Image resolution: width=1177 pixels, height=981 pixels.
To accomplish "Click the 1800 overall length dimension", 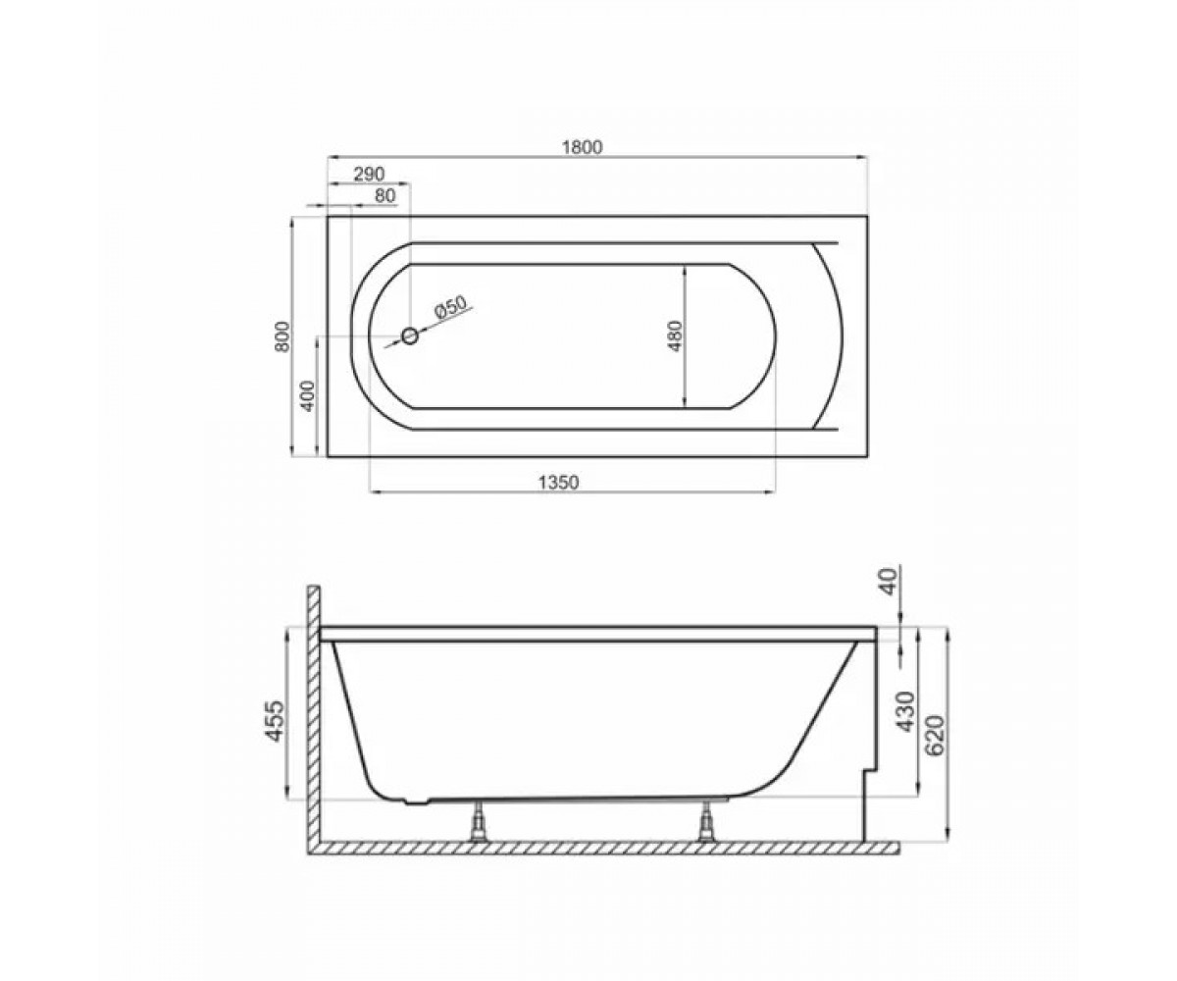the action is click(583, 147).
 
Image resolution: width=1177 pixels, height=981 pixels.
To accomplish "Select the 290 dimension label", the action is click(369, 175).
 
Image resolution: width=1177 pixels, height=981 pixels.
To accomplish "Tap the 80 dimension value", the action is click(385, 195).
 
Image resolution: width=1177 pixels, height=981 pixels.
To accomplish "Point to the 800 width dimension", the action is click(282, 336).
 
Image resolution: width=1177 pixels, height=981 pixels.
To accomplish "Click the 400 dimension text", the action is click(308, 395).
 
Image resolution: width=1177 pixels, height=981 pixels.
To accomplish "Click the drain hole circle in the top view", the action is click(410, 337).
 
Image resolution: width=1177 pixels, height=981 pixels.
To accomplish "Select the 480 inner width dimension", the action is click(676, 336).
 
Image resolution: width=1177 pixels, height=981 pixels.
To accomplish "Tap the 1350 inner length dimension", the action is click(559, 482).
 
